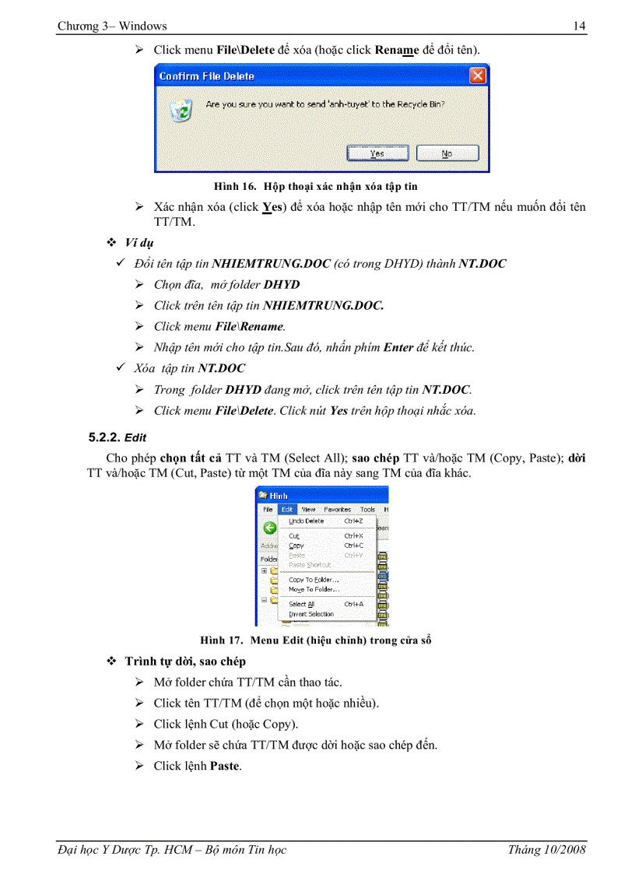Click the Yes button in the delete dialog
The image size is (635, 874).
(377, 153)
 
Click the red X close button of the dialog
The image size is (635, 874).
(478, 75)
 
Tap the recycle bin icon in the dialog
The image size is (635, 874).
(182, 111)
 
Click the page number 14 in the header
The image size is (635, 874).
(579, 26)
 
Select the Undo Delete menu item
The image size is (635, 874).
(306, 521)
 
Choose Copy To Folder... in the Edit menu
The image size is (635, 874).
(313, 579)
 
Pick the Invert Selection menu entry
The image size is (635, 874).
(310, 614)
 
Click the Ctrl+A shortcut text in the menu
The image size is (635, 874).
(354, 604)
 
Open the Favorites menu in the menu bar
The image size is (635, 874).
(337, 510)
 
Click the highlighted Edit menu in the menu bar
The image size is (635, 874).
(286, 510)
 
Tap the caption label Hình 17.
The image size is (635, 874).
(223, 641)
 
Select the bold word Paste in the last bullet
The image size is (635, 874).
(225, 766)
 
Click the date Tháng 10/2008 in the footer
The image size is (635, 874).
(546, 849)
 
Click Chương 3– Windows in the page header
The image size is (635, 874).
(112, 26)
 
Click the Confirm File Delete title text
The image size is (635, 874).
(206, 76)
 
